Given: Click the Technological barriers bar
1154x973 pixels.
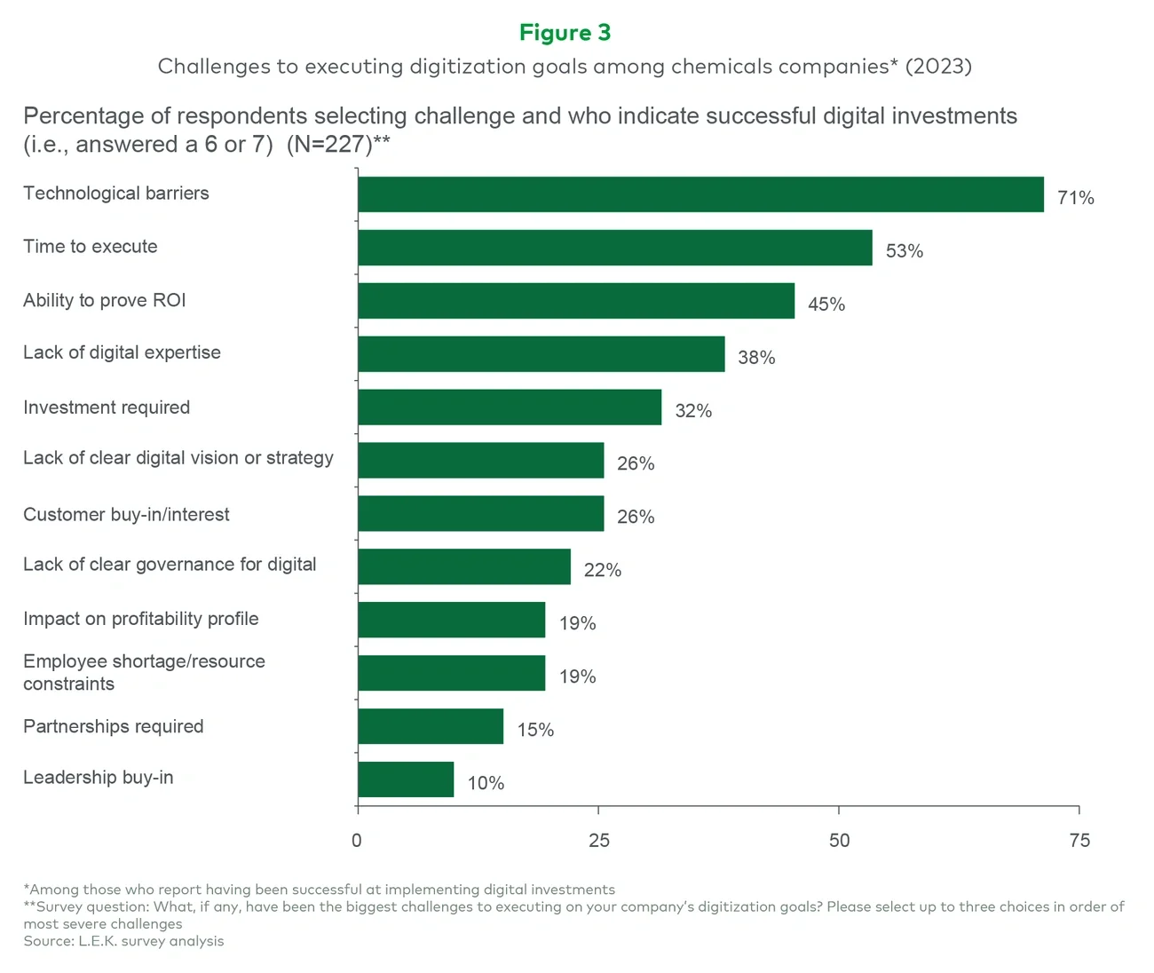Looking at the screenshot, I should tap(700, 194).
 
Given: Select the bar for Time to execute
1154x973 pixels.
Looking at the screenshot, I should tap(614, 248).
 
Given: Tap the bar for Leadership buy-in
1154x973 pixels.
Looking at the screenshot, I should tap(406, 779).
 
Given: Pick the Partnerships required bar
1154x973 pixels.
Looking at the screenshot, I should tap(431, 726).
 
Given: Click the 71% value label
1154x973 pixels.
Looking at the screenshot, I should tap(1075, 198).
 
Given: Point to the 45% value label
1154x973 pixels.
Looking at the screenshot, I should tap(826, 305).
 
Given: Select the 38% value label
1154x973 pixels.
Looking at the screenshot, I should tap(756, 358).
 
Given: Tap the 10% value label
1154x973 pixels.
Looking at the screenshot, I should tap(486, 783).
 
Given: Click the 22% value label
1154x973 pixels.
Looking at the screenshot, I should tap(602, 570).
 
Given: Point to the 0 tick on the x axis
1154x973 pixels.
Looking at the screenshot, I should tap(357, 840).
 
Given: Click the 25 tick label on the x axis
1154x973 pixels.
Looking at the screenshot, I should tap(599, 840).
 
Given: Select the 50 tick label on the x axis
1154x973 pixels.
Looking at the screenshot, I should tap(839, 840).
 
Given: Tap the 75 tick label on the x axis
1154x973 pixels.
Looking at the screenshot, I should tap(1079, 840).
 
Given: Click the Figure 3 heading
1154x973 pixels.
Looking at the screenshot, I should tap(565, 33).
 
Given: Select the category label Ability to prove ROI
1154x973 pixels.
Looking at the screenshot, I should tap(105, 300).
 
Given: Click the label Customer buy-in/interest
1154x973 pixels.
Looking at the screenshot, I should tap(126, 515).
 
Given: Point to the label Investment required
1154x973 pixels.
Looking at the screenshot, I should tap(107, 407).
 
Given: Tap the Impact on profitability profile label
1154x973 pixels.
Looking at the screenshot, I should tap(141, 619).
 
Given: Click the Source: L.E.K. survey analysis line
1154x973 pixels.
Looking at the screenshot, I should tap(123, 941).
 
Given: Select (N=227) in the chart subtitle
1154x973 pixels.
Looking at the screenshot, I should tap(329, 145).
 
